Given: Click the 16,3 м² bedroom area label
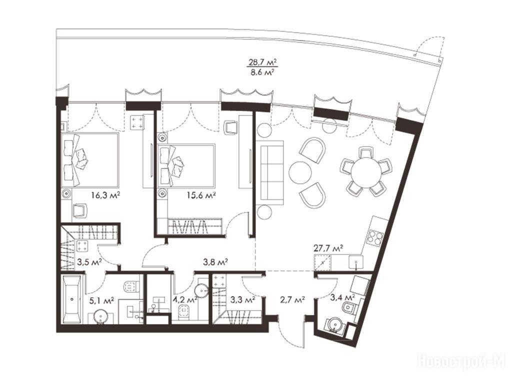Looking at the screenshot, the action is pos(106,195).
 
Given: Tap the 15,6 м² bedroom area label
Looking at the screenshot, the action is pos(201,195).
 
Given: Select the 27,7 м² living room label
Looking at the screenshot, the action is pos(328,248).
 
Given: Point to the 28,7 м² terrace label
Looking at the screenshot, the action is pos(261,62).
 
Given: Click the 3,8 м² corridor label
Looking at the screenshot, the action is pos(215,261).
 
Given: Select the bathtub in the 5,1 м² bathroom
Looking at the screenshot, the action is pos(72,299).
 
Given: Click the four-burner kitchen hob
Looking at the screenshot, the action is pos(375,237).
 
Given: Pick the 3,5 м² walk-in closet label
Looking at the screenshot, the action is pos(89,261).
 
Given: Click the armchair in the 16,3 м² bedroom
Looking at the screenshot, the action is pos(80,210).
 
